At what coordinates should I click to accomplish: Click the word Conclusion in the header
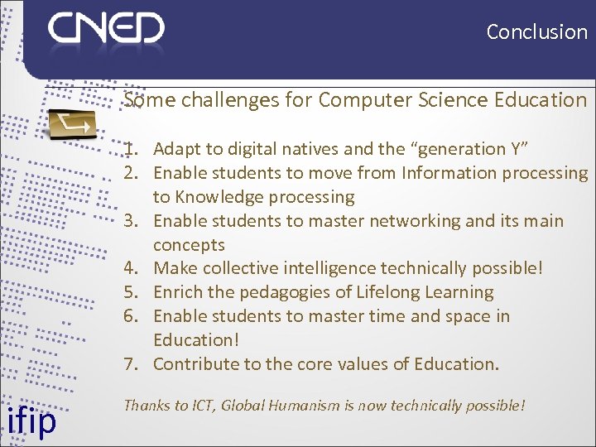536,32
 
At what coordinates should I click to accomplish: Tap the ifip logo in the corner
31,420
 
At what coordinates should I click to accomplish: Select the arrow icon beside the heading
71,125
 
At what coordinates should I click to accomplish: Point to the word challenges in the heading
220,100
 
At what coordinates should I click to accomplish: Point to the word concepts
189,245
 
